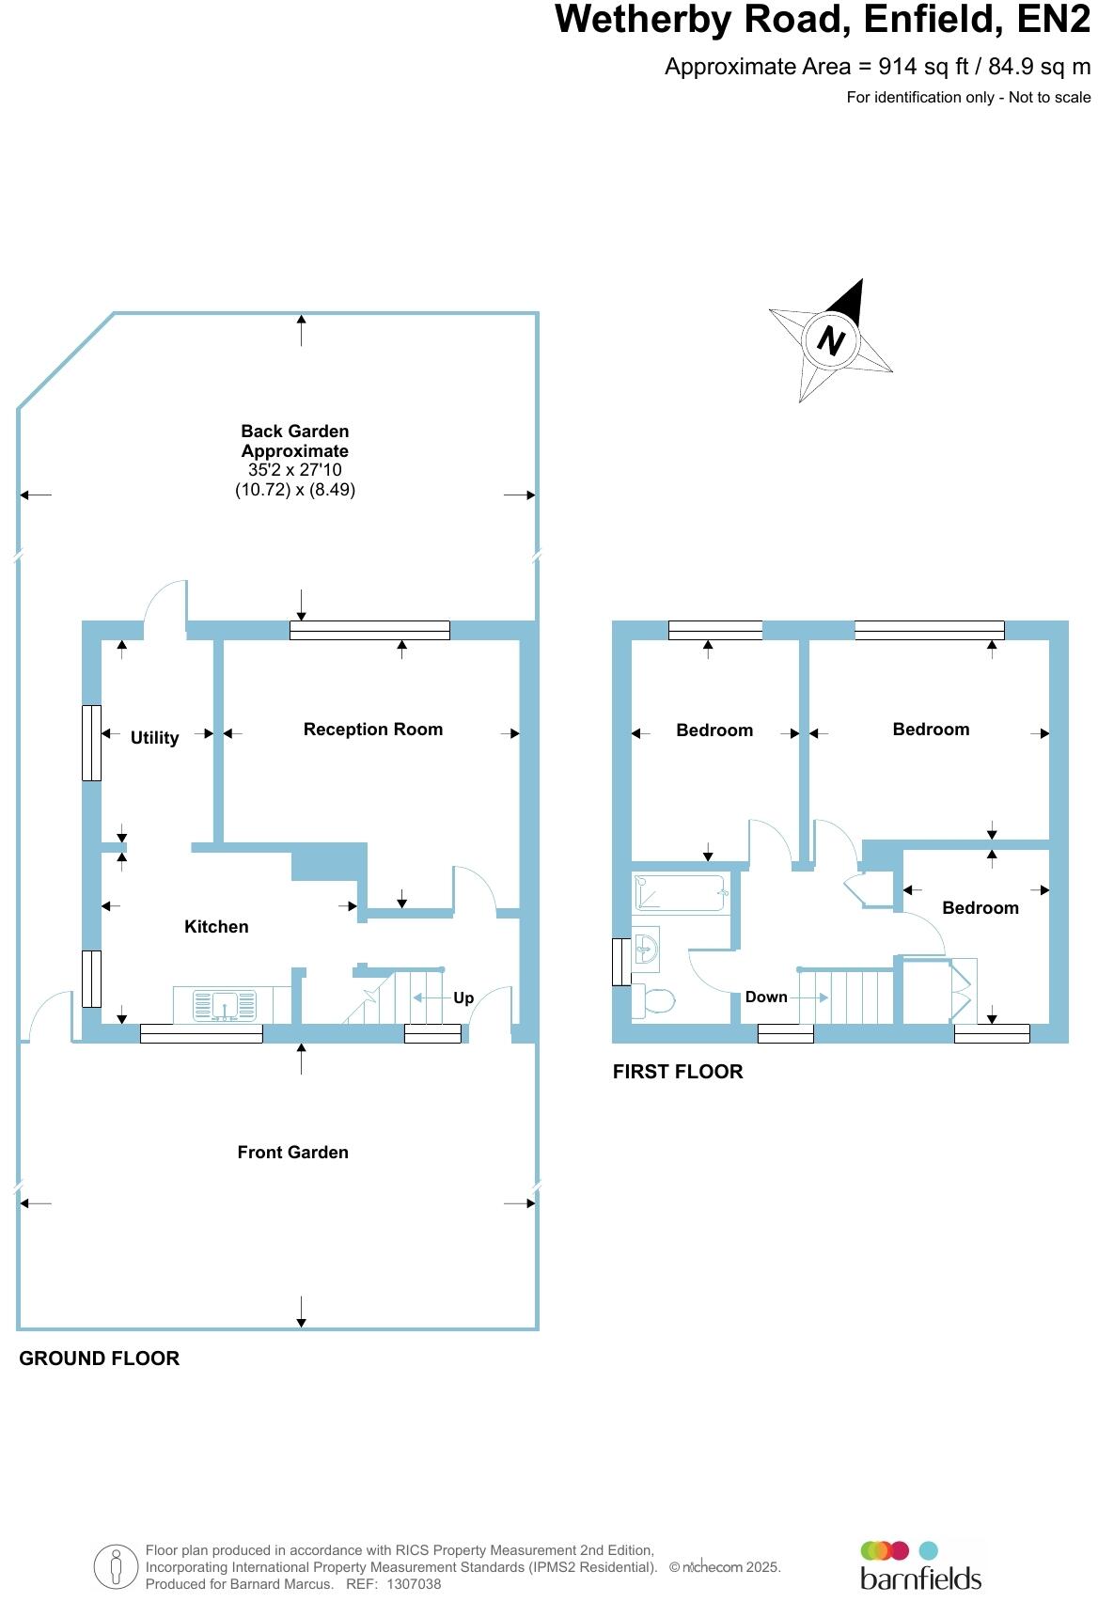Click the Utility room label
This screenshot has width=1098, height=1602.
pos(154,738)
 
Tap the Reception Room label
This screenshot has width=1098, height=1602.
pos(372,730)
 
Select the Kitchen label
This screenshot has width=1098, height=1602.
pos(216,927)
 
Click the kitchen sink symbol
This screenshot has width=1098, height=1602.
pos(225,1006)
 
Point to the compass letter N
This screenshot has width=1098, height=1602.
pos(830,339)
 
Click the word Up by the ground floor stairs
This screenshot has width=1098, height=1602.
pos(463,998)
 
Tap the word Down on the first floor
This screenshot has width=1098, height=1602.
pos(766,997)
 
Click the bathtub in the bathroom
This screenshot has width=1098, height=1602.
pos(681,893)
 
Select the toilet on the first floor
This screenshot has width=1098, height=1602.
pos(654,1000)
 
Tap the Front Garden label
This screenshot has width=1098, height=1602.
pos(292,1153)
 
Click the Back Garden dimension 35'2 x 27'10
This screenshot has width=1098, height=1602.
pos(294,470)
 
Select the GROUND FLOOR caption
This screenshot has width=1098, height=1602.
pos(99,1359)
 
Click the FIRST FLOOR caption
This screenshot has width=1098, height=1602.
pos(677,1072)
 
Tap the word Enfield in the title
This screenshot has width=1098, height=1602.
pos(934,20)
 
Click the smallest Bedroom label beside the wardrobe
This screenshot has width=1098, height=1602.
pos(980,908)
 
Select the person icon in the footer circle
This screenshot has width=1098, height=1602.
pos(117,1566)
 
